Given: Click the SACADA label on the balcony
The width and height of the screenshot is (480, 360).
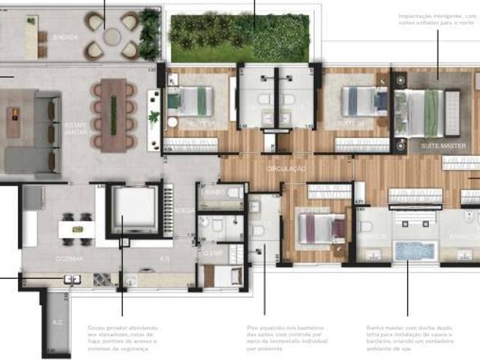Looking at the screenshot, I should click(65, 36).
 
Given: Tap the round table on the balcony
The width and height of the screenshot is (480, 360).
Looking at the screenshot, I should click(112, 36).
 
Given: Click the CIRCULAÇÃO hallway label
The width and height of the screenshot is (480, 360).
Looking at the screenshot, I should click(286, 169).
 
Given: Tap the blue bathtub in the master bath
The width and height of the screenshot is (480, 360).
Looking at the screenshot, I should click(415, 250).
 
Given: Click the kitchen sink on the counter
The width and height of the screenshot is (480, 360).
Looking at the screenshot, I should click(73, 279).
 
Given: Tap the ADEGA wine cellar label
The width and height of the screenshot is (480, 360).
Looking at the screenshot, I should click(181, 211).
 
